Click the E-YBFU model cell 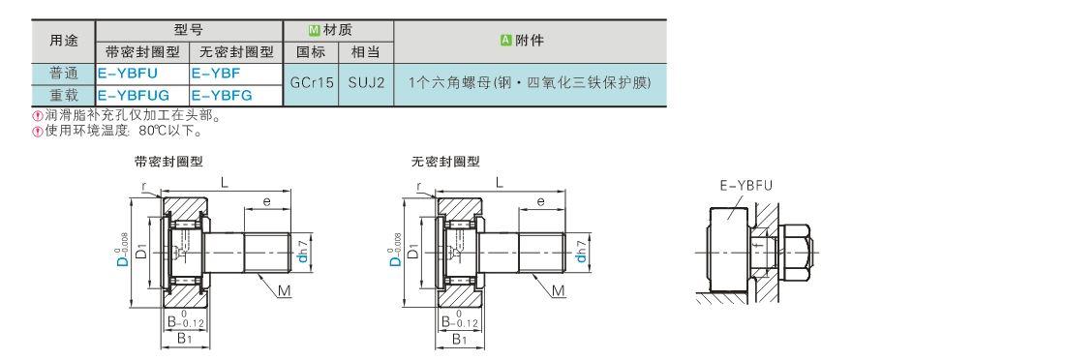(x=142, y=73)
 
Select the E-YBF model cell (x=235, y=73)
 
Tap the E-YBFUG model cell (x=142, y=95)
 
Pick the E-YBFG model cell (x=235, y=95)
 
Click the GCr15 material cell (x=312, y=83)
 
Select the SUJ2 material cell (x=367, y=83)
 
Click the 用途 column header (x=64, y=42)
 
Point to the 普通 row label (x=64, y=73)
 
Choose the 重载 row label (x=64, y=95)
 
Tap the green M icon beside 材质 (x=314, y=31)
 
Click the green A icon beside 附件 (x=506, y=41)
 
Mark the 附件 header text (x=530, y=41)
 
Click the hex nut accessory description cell (x=530, y=83)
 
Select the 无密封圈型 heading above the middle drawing (x=445, y=162)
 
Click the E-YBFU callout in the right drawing (x=745, y=186)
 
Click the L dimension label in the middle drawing (x=500, y=182)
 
